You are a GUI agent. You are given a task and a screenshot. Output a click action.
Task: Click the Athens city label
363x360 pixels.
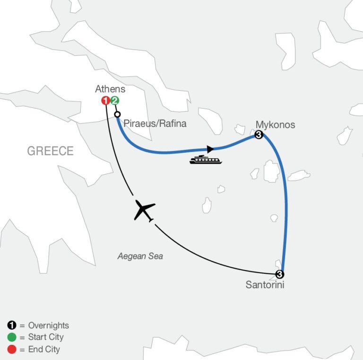click(110, 89)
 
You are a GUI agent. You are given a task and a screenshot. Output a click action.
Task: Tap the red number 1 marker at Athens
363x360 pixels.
click(106, 100)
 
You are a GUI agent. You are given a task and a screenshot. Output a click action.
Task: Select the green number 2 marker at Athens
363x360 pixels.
click(115, 100)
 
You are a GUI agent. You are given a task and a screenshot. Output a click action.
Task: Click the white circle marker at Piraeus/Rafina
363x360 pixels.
click(118, 114)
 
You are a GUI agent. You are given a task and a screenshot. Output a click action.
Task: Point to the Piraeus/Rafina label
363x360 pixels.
click(155, 124)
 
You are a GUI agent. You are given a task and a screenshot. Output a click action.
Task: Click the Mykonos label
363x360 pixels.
click(275, 125)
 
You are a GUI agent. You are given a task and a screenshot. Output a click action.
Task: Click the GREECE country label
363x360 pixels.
click(50, 151)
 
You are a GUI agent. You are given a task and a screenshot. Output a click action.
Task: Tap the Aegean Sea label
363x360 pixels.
click(140, 256)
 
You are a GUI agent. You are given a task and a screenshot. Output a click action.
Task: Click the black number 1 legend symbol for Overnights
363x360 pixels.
click(11, 325)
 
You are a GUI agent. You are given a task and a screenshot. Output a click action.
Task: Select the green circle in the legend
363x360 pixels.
click(11, 337)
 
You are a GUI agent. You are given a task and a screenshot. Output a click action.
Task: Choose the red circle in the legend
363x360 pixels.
click(11, 350)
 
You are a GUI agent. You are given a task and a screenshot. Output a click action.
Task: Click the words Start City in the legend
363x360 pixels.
click(45, 337)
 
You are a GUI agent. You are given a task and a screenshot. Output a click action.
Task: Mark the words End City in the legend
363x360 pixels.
click(44, 350)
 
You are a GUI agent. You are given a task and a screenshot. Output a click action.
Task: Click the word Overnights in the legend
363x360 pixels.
click(48, 325)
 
